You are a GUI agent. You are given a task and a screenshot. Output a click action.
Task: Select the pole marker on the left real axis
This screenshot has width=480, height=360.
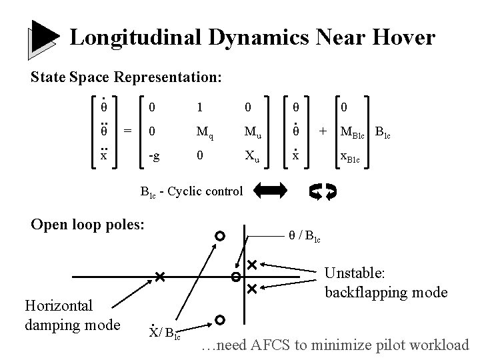[x=159, y=277]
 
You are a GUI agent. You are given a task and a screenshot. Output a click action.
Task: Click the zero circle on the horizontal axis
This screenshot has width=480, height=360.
[x=235, y=277]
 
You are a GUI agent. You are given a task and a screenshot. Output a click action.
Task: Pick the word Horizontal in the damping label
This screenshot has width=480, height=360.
[x=59, y=306]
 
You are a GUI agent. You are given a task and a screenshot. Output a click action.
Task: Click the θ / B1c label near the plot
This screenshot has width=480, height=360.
[x=304, y=235]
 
